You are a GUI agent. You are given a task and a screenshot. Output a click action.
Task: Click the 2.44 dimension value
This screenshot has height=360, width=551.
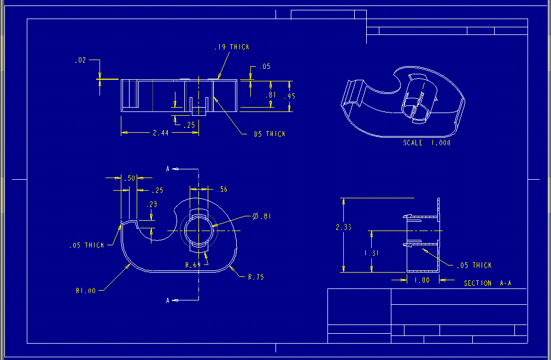161,133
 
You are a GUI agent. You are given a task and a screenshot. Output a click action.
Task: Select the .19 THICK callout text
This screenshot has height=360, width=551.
232,47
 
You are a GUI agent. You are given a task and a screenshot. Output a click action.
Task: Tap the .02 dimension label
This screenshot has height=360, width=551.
80,61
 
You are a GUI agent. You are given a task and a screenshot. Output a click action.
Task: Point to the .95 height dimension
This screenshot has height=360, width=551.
290,96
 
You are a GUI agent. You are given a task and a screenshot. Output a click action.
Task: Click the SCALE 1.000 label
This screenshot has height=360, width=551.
426,143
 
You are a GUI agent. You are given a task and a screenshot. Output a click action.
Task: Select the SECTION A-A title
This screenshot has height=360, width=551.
488,283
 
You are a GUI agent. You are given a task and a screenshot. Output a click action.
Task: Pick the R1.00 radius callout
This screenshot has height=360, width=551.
86,291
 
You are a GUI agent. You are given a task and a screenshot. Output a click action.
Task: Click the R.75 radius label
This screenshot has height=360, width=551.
256,277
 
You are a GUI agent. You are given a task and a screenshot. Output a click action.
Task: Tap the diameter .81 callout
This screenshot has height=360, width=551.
262,216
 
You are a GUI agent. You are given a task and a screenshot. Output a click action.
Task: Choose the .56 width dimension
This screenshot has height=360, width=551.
222,190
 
